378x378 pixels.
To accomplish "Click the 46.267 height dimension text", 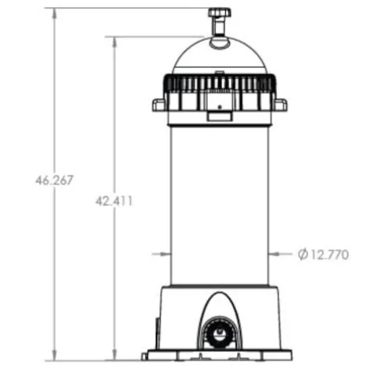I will tap(54, 180).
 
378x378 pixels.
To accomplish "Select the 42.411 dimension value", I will tap(114, 201).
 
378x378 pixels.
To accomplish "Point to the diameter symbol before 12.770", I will tap(303, 254).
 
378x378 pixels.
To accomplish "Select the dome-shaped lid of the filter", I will tap(219, 57).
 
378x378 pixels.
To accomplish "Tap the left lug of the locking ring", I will tap(158, 105).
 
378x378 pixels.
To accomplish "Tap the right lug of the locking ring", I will tap(280, 105).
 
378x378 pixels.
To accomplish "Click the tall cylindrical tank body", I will tap(219, 205).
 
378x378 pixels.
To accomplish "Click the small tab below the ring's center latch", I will tap(219, 117).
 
